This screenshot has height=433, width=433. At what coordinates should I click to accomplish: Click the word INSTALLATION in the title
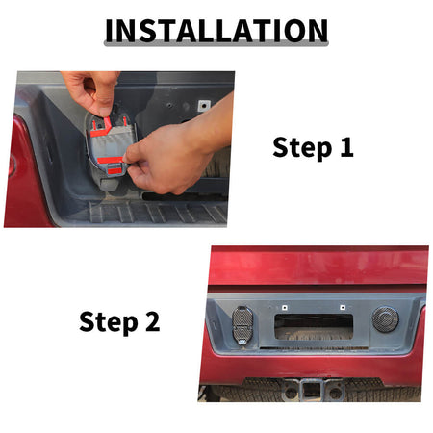coord(216,30)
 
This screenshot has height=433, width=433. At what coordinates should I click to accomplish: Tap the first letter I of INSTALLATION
coord(109,30)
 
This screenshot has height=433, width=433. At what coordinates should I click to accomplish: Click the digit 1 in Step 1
coord(346,147)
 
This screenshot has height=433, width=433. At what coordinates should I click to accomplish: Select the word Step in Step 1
coord(302,148)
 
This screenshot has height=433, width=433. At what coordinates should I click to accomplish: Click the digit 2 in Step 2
coord(152,321)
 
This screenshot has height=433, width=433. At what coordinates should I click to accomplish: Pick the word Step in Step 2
coord(109,322)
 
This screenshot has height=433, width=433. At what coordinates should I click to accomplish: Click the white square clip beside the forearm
coord(204,105)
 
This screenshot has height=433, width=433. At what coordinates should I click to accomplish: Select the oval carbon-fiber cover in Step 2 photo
coord(242,324)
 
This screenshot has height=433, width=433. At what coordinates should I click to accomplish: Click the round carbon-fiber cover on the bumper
coord(386,319)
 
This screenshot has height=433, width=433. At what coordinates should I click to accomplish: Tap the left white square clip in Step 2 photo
coord(284,308)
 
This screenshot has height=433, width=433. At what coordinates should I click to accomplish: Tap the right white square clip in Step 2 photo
coord(343,308)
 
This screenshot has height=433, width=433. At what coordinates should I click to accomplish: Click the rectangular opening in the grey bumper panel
coord(314,326)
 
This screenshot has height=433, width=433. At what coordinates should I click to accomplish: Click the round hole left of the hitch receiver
coord(291,393)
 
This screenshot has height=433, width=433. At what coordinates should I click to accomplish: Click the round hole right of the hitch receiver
coord(335,393)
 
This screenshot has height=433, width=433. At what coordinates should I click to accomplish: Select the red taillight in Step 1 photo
coord(22,173)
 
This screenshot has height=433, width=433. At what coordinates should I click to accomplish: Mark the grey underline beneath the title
coord(216,43)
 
